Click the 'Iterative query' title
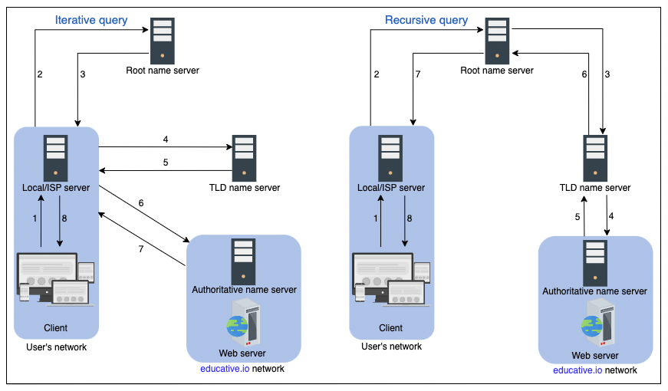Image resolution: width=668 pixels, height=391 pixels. coord(92,20)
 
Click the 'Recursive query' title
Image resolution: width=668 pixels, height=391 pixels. coord(426,20)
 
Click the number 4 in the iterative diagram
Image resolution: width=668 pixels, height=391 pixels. coord(165,140)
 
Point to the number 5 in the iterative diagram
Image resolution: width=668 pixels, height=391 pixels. coord(165,162)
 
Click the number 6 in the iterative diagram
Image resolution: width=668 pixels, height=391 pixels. coord(140,202)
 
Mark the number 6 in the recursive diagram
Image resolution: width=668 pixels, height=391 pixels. coord(584,74)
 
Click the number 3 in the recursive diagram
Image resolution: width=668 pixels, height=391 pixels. coord(607,74)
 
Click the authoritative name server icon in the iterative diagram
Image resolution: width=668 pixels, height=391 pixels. coord(244,261)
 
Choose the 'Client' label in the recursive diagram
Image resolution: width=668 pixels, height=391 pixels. coord(390,328)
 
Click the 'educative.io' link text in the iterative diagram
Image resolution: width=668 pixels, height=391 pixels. coord(222,369)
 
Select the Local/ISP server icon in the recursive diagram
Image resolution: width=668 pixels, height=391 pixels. coord(391,157)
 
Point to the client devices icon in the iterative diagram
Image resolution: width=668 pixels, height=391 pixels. coord(56,278)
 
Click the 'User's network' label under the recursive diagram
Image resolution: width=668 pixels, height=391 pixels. coord(391,347)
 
